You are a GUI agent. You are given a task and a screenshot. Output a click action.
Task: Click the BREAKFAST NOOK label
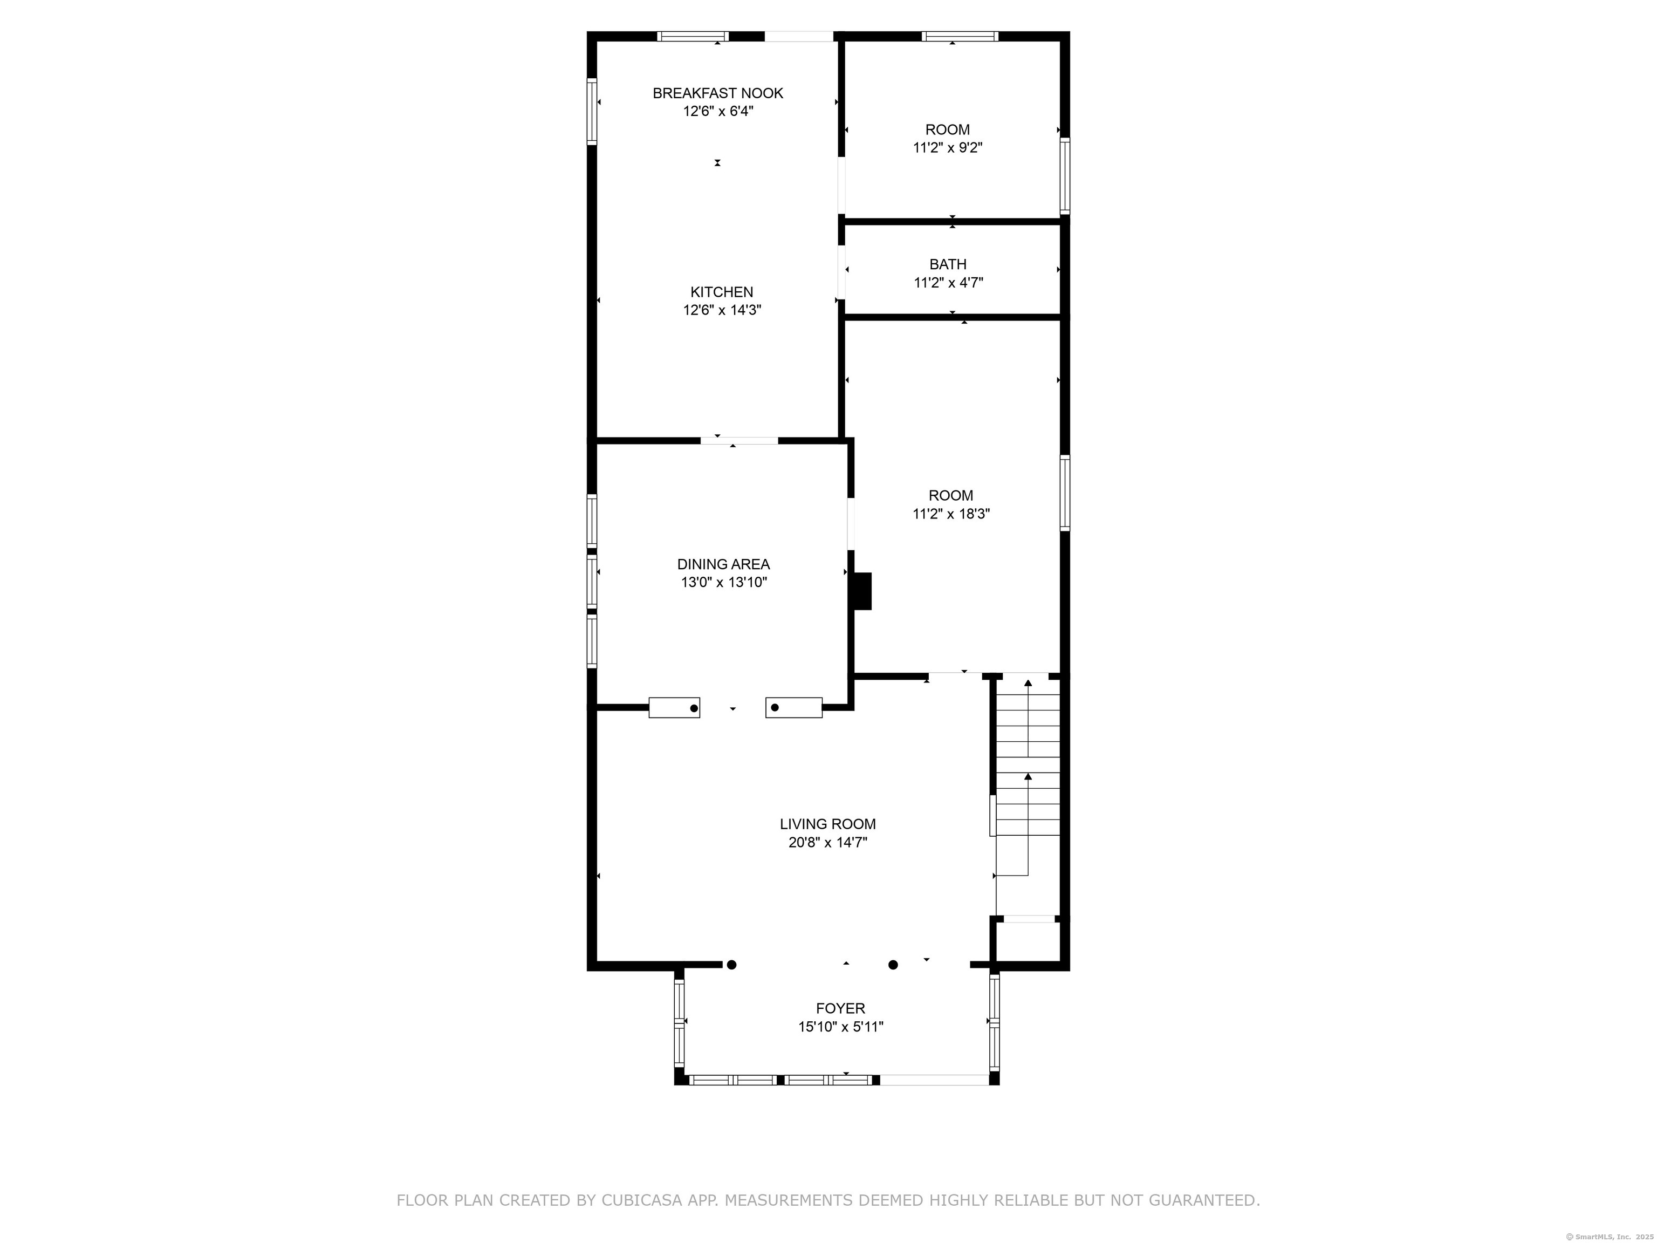click(x=717, y=93)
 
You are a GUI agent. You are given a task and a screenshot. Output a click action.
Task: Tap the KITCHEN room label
click(x=721, y=292)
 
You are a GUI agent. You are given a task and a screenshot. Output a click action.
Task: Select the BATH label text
click(x=948, y=264)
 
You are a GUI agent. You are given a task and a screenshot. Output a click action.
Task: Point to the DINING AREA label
click(x=723, y=564)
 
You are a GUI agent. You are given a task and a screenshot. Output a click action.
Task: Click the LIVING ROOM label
click(x=828, y=824)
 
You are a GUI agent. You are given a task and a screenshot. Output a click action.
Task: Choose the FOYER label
click(x=840, y=1008)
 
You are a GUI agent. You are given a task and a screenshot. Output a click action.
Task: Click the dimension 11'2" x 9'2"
click(x=948, y=148)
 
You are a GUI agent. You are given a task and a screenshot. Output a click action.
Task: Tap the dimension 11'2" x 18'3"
click(x=950, y=514)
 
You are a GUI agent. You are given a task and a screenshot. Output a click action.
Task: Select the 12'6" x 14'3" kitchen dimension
click(x=721, y=310)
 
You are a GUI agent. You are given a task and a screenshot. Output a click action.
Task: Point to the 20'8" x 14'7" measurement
click(x=828, y=842)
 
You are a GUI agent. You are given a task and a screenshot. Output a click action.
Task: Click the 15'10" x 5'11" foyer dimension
click(x=840, y=1027)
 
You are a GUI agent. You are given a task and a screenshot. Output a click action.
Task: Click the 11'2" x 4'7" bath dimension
click(x=948, y=283)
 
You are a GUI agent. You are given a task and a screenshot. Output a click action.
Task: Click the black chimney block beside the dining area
click(x=863, y=591)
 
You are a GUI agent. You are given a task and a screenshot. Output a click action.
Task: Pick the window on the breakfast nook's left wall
click(x=592, y=112)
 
